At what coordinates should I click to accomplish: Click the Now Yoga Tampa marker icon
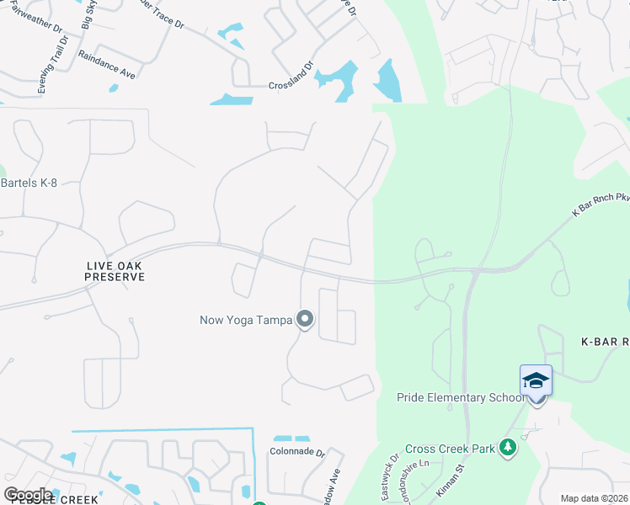click(306, 319)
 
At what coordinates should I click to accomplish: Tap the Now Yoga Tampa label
click(245, 320)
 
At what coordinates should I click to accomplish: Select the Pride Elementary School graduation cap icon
click(536, 381)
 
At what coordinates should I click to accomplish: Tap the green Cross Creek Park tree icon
click(507, 448)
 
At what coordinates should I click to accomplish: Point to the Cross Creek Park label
click(450, 449)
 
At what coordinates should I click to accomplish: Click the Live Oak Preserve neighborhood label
click(109, 271)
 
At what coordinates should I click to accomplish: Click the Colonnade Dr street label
click(297, 451)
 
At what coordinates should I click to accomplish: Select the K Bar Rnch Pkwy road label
click(601, 205)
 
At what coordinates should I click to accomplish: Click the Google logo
click(29, 494)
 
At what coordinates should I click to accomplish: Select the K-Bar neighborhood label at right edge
click(606, 342)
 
